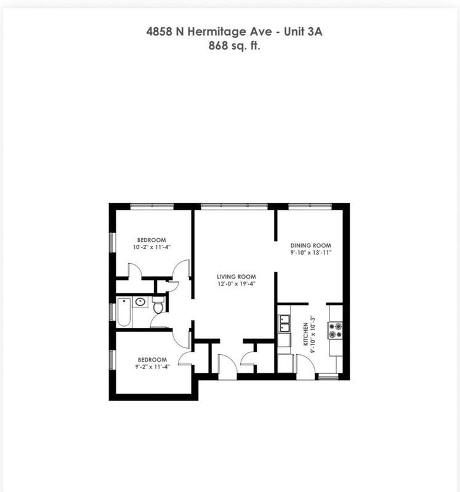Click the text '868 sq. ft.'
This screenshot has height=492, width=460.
(235, 45)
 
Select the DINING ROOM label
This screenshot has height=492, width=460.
(311, 245)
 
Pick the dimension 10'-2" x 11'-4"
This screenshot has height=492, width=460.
(151, 247)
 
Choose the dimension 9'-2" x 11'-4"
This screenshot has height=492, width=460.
(151, 367)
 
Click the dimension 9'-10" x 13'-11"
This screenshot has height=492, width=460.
(311, 252)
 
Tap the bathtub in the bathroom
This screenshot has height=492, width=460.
(124, 312)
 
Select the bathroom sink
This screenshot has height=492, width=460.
(140, 302)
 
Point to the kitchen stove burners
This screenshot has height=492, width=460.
(335, 330)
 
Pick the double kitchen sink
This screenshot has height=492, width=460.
(284, 320)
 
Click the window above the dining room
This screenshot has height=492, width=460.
(310, 206)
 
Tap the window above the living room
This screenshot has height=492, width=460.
(234, 206)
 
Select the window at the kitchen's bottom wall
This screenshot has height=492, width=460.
(328, 377)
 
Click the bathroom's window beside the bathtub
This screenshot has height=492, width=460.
(112, 312)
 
